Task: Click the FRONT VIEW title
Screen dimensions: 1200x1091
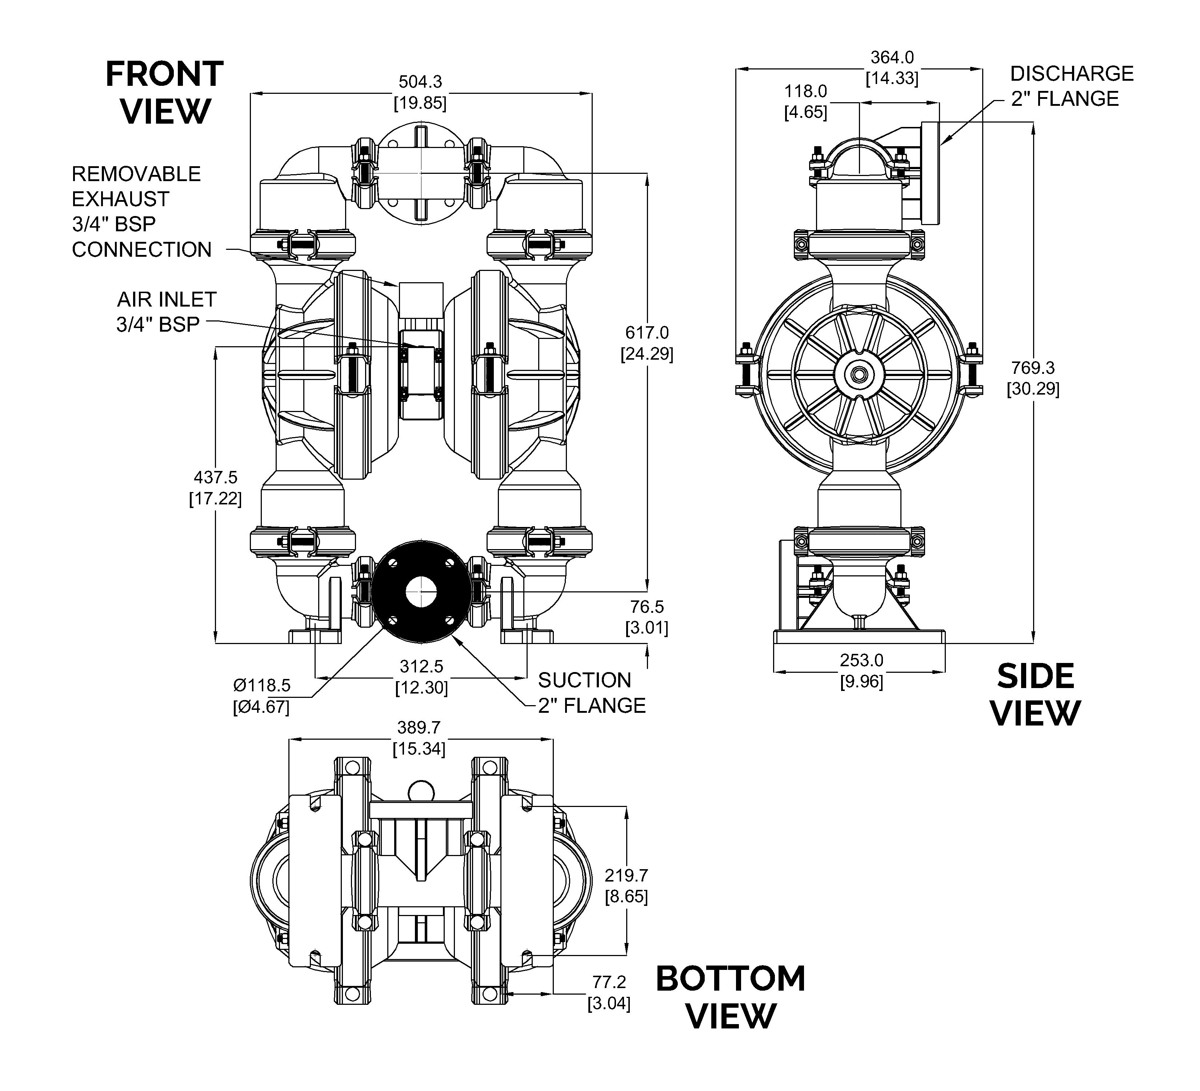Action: (x=164, y=93)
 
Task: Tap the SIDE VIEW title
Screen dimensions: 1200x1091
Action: (x=1036, y=695)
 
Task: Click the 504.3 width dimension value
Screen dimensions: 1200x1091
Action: (x=420, y=81)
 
